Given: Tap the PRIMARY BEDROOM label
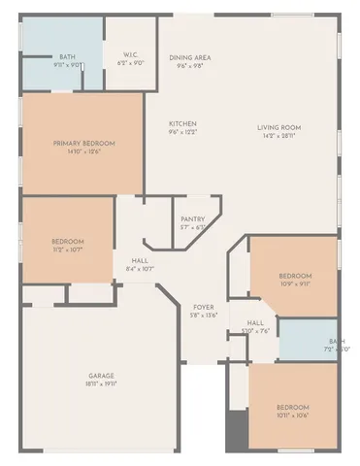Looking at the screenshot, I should [x=83, y=144].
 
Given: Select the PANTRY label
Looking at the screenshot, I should [x=192, y=219].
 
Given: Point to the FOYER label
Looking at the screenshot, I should [x=203, y=306].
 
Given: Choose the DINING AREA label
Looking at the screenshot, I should [x=190, y=57].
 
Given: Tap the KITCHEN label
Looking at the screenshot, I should [x=183, y=124].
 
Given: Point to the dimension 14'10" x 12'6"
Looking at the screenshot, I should [x=83, y=152].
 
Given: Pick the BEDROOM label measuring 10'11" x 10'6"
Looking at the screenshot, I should [x=292, y=407].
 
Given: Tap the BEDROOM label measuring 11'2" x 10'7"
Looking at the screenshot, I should [x=68, y=242].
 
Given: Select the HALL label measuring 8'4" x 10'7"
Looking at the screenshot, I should [x=142, y=259].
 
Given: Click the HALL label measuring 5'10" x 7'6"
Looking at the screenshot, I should [x=255, y=322].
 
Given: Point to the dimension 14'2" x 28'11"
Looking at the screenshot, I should [x=278, y=137].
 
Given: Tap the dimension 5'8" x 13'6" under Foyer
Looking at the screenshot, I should [x=203, y=315].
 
